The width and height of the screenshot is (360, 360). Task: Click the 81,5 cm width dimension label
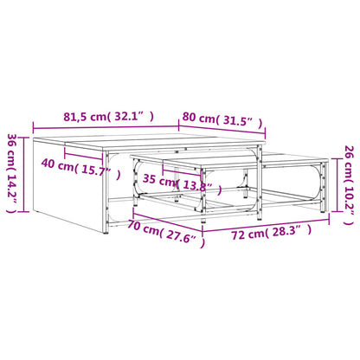tap(108, 117)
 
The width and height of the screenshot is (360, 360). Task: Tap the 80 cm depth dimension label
tap(222, 119)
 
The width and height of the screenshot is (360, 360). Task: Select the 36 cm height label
tap(12, 173)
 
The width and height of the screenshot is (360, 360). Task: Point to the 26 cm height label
tap(349, 185)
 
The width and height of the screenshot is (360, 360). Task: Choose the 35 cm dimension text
tap(183, 183)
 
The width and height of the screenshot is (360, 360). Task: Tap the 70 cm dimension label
tap(166, 233)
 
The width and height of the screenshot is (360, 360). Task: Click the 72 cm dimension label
tap(272, 233)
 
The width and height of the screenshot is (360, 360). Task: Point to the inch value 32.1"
tap(134, 117)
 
